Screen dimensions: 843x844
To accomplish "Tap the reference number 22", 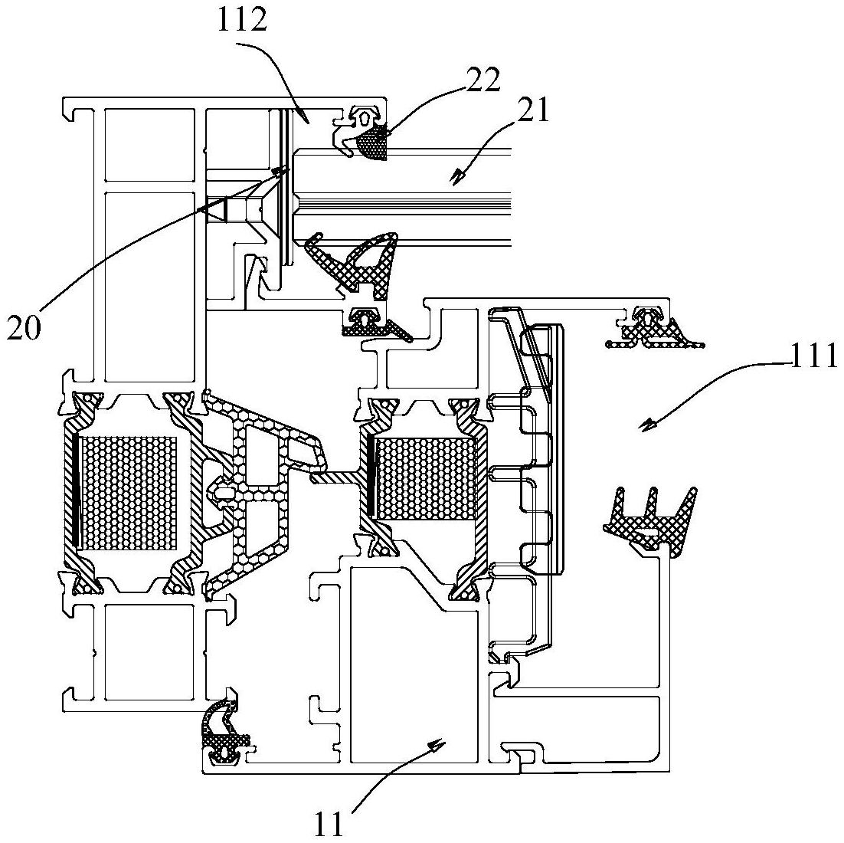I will tap(481, 80).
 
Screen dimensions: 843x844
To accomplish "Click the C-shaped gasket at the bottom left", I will tap(223, 731).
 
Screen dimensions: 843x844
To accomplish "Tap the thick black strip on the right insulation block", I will tap(371, 476).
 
